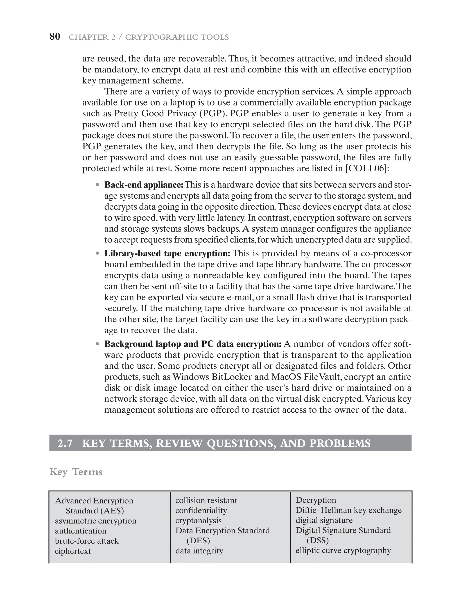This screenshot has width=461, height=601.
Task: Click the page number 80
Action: pos(55,37)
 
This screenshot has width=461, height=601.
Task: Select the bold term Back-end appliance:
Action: pos(144,185)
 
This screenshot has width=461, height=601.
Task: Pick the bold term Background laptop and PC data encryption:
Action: pos(193,344)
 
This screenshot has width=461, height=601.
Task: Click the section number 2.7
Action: pos(65,443)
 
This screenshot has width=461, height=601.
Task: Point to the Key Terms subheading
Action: pos(76,472)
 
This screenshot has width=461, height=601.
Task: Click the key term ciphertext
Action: pos(73,551)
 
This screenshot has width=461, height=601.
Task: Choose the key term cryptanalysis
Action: pos(198,520)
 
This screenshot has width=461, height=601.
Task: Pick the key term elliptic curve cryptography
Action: pos(343,551)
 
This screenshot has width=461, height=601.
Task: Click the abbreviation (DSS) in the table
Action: pos(317,540)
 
